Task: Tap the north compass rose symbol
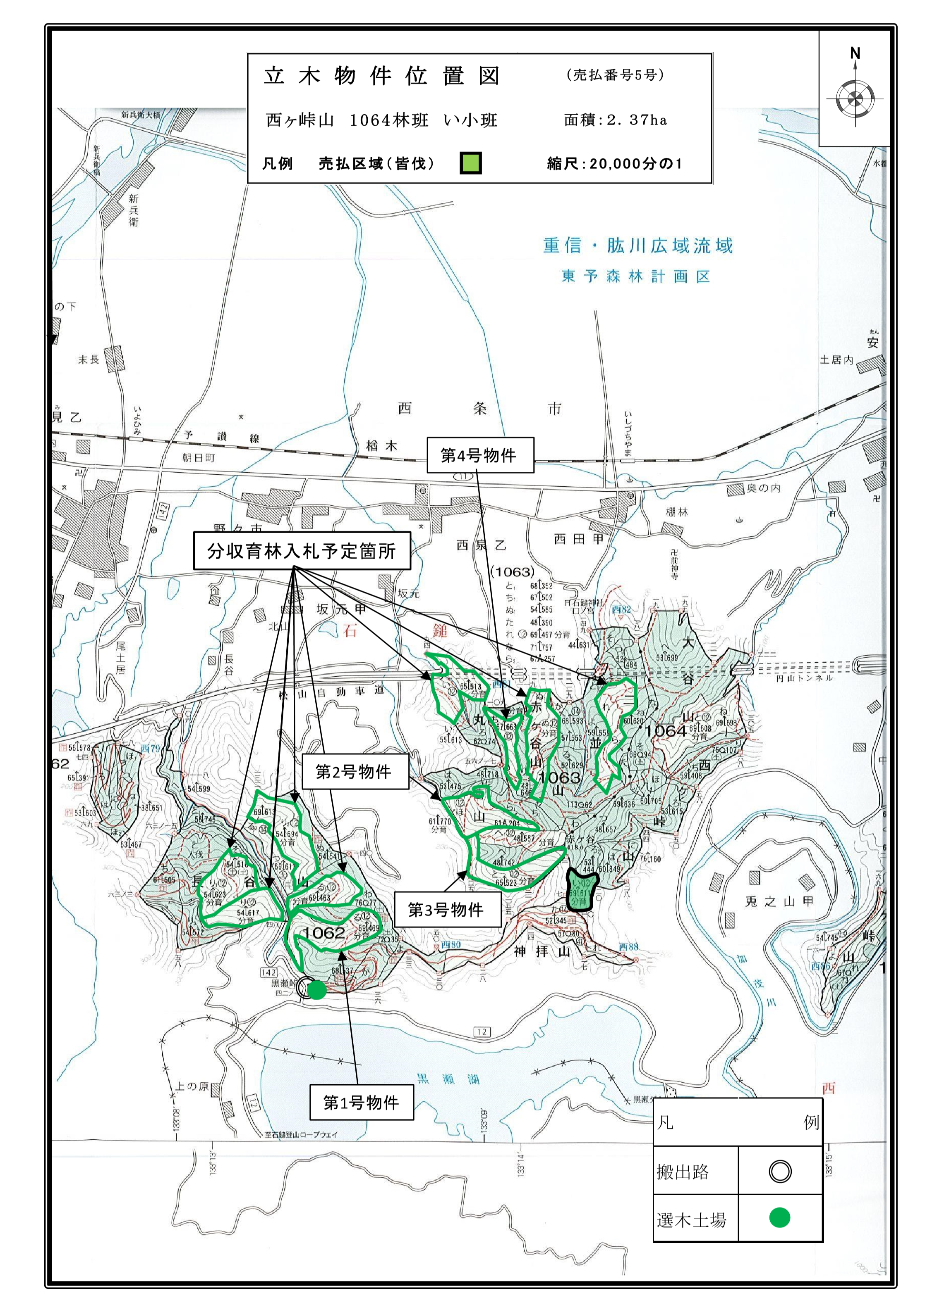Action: coord(855,99)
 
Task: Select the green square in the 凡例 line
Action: coord(470,163)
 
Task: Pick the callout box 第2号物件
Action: coord(355,772)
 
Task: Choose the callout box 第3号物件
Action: coord(447,909)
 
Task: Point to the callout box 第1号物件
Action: coord(361,1102)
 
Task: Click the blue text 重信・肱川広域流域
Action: coord(637,246)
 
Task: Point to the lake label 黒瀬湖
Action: coord(448,1079)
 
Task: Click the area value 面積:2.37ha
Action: coord(615,120)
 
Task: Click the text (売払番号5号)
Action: coord(615,75)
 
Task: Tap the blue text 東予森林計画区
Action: coord(635,277)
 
